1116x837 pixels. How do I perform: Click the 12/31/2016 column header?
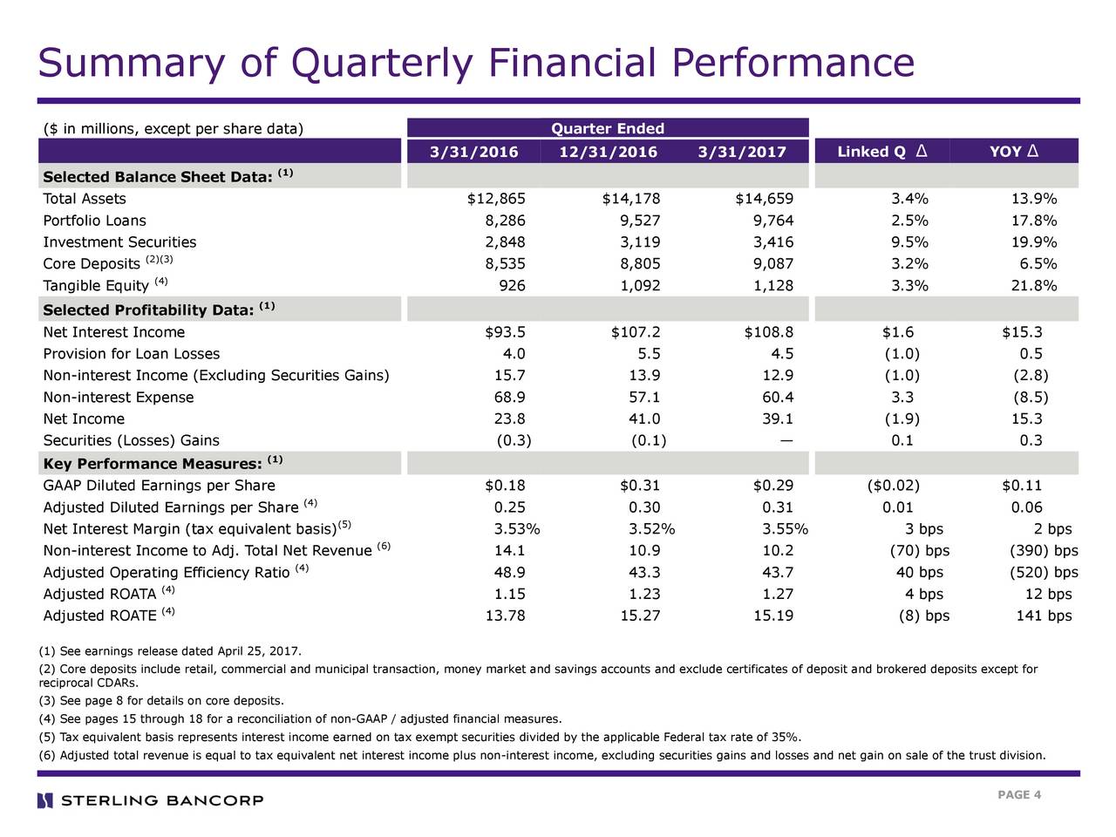(608, 152)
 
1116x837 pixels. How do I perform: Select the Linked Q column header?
(882, 151)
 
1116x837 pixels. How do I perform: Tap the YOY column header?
(1013, 151)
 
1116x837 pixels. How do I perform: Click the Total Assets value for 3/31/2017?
(764, 198)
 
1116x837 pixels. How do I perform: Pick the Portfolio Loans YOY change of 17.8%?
(1034, 220)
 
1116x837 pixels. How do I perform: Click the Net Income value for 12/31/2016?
(644, 418)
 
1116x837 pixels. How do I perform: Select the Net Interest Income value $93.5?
(505, 332)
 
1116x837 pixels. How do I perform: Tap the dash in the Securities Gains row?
(786, 440)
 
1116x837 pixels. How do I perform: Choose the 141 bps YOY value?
(1044, 616)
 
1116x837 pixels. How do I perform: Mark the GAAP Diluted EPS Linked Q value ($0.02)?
(894, 486)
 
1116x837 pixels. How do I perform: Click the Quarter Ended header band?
(608, 127)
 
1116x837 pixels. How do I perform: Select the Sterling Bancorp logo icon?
(45, 800)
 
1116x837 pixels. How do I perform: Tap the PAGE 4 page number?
(1019, 795)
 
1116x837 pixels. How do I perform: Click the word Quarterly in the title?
(381, 65)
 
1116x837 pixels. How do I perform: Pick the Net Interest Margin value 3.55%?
(785, 529)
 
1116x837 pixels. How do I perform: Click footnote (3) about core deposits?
(161, 700)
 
